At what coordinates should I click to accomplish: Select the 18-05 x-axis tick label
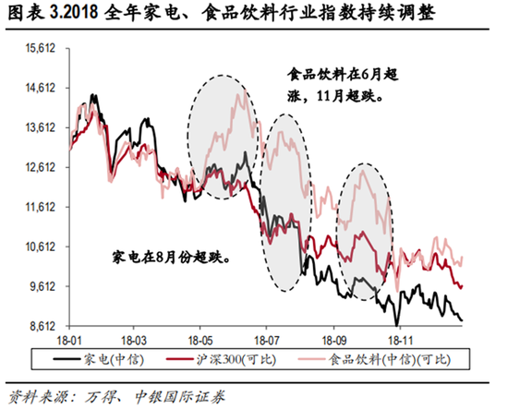point(201,339)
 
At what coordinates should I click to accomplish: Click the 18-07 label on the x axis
point(267,339)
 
